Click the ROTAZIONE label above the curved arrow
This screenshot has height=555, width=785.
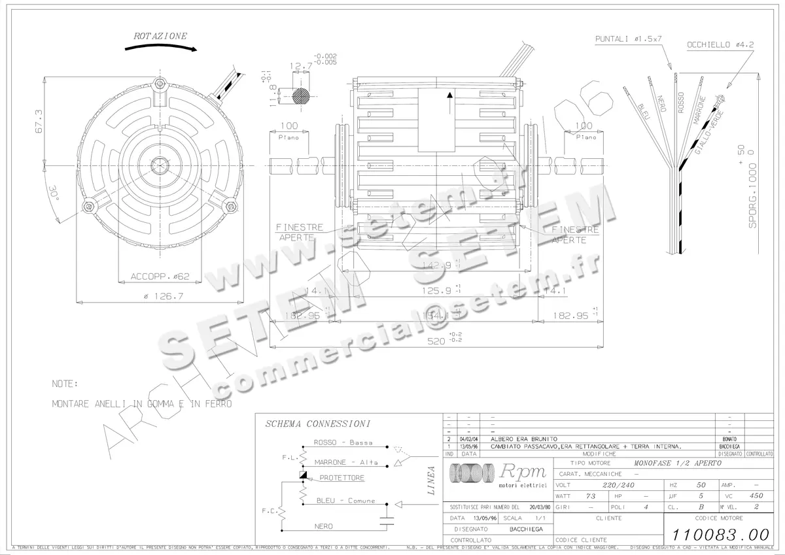coord(160,36)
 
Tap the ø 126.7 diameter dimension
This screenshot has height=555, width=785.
coord(160,295)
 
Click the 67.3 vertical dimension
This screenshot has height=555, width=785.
coord(39,120)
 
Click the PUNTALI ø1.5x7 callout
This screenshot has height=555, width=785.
coord(629,39)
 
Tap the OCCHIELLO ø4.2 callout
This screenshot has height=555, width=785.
coord(720,45)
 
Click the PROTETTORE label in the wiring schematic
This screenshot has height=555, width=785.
coord(342,478)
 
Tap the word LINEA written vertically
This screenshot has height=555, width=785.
coord(431,480)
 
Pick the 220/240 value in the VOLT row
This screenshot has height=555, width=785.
coord(618,486)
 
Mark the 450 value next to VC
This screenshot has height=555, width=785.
coord(756,496)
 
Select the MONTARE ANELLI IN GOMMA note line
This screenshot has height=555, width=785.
coord(141,404)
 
